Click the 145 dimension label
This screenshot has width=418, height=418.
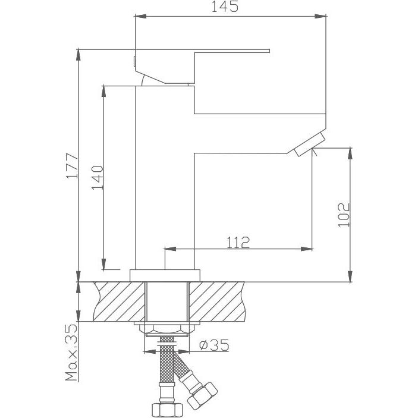[225, 7]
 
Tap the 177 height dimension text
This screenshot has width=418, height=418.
[73, 166]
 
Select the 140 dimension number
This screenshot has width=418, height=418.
[98, 178]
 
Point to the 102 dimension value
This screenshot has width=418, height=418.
[344, 215]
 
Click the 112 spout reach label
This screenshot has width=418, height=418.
[238, 243]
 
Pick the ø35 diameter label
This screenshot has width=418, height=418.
[214, 345]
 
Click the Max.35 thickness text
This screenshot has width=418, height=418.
[71, 352]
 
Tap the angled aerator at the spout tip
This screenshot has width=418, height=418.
[310, 145]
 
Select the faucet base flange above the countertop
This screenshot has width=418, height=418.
[165, 276]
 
